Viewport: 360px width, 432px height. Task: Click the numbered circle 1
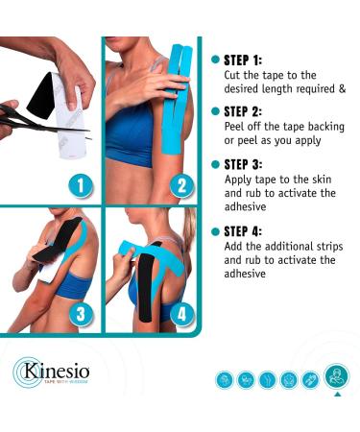81,186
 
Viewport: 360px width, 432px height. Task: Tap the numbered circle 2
181,186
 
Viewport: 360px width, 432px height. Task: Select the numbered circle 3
81,314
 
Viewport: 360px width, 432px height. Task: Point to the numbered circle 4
181,314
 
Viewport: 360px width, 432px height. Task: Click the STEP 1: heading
243,60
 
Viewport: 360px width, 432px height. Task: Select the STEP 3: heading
243,164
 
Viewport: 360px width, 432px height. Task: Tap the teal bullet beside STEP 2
216,111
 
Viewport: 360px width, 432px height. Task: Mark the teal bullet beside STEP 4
216,231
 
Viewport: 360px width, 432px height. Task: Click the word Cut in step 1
232,75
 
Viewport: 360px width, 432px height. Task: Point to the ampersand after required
342,88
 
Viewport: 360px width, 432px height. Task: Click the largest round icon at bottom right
337,376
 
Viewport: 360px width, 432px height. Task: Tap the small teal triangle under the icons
337,395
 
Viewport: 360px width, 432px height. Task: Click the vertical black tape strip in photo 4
147,286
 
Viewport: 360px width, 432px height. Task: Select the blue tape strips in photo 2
176,99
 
